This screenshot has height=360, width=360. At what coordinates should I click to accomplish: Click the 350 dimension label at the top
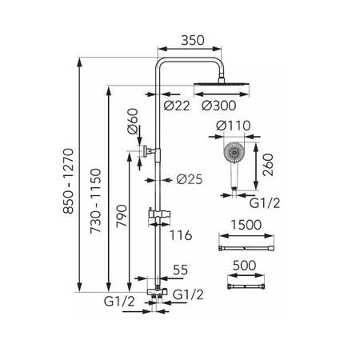(193, 40)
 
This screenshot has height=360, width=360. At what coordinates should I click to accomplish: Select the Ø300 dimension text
(219, 106)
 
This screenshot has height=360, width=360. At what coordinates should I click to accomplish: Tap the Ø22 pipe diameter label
(177, 106)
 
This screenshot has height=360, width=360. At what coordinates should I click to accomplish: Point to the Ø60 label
(134, 121)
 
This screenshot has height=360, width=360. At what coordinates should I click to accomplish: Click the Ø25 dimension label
(190, 179)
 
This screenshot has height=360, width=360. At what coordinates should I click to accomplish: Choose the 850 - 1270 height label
(68, 181)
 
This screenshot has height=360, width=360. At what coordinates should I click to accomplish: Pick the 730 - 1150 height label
(96, 201)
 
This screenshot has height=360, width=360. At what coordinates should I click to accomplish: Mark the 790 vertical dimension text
(122, 216)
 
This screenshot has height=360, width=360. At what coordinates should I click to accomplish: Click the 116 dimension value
(181, 235)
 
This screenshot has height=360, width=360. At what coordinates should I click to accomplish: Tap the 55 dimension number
(181, 270)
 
